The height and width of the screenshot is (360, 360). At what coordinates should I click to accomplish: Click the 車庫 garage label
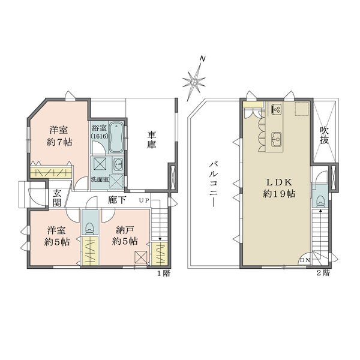pos(152,140)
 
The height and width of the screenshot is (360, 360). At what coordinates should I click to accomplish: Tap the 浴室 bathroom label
pos(99,128)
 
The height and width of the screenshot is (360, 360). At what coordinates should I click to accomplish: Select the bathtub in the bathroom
pos(116,137)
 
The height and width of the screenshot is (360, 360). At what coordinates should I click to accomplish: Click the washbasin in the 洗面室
pos(118,164)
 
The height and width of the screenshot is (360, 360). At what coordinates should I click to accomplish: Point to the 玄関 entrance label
pos(57,199)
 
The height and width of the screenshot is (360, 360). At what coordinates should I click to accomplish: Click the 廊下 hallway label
pos(116,200)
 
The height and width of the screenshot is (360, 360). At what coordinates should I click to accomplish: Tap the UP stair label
pos(144,200)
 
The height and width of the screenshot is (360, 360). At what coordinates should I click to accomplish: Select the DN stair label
pos(305,260)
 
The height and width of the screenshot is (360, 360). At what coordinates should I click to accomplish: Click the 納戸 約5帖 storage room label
pos(125,235)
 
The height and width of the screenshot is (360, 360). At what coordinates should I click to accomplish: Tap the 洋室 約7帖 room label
pos(59,136)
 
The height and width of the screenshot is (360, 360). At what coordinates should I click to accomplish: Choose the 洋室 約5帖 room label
pos(57,236)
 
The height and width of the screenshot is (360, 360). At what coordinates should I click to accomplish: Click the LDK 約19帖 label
pos(279,188)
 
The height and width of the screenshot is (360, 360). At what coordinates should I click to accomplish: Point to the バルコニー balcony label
pos(213,184)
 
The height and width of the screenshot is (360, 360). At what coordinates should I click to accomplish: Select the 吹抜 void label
pos(324,135)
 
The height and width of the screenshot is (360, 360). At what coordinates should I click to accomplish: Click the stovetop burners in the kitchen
pos(277,109)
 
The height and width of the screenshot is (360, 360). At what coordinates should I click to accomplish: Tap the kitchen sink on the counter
pos(277,139)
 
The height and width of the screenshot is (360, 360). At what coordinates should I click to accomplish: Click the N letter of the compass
pos(202,59)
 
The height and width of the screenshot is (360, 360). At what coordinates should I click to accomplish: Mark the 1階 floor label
pos(164,274)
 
